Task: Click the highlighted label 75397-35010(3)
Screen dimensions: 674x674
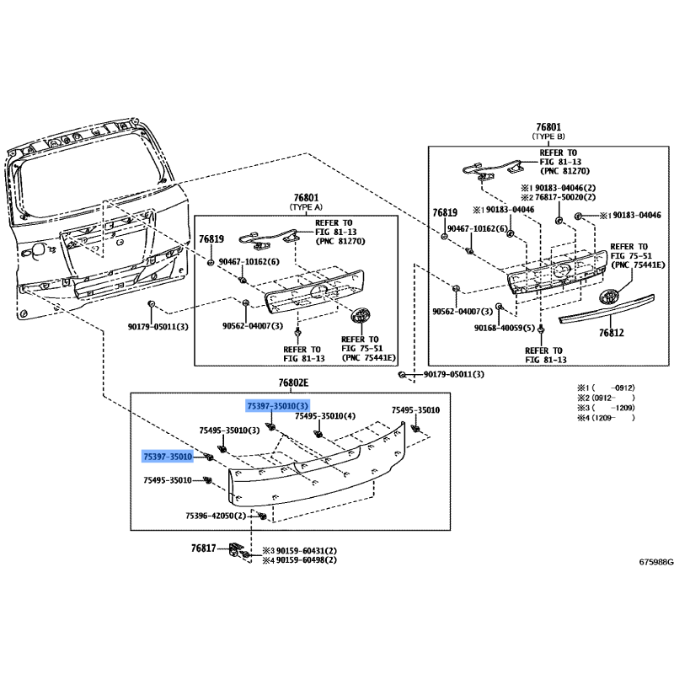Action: (277, 406)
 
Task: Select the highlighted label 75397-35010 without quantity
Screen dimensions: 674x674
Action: (168, 457)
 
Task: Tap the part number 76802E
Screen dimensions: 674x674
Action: (293, 382)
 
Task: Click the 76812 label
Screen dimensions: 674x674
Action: (612, 332)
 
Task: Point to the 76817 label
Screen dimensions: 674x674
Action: (203, 548)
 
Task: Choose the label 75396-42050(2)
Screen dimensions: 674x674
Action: (216, 516)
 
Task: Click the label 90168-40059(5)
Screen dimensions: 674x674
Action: (505, 328)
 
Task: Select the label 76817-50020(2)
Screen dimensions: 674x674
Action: (565, 197)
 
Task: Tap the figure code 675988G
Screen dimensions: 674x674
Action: (656, 562)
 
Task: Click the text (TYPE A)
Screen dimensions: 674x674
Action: (306, 207)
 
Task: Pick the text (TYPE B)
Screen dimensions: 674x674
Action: (548, 136)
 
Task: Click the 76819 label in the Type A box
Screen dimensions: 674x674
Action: (211, 239)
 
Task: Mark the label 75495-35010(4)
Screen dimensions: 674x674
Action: (325, 416)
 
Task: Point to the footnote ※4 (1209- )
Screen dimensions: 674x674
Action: (606, 418)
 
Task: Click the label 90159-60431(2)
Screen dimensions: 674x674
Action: (307, 551)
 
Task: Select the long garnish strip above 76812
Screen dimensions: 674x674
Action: (607, 308)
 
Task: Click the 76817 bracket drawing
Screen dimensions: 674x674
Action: (234, 548)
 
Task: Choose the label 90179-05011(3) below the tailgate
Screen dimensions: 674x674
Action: (158, 327)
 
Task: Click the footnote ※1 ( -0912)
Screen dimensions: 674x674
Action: (606, 388)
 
